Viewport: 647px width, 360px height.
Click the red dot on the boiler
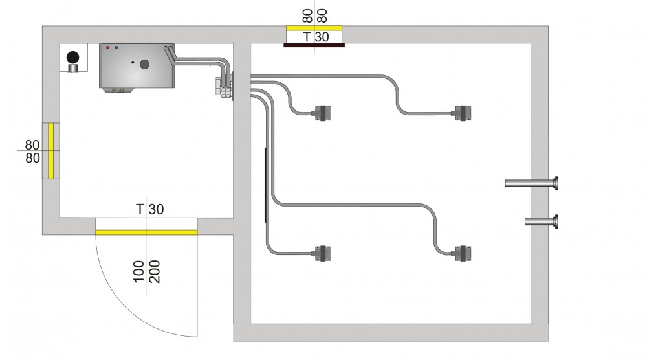coord(107,48)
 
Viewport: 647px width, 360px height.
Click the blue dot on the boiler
coord(116,48)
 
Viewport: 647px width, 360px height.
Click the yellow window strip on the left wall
coord(49,150)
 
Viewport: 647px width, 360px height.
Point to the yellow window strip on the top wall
coord(314,28)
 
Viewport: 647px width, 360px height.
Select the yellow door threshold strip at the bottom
coord(146,231)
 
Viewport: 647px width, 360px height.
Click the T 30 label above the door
coord(149,209)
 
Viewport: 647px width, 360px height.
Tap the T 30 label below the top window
coord(315,38)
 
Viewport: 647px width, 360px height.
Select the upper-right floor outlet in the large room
coord(464,113)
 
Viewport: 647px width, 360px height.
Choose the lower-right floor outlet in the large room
coord(464,253)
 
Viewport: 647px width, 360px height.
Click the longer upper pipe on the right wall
coord(531,184)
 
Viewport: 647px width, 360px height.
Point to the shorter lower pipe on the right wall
coord(541,222)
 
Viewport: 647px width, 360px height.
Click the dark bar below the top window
coord(314,45)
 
